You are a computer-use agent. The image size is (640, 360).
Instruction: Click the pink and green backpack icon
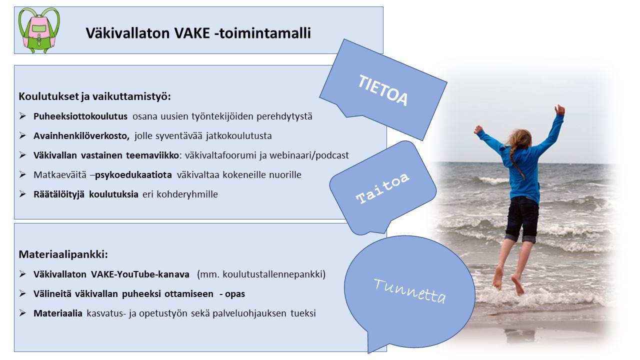[39, 30]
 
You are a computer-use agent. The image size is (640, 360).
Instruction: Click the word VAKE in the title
[192, 33]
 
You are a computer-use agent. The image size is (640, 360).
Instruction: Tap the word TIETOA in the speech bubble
[383, 90]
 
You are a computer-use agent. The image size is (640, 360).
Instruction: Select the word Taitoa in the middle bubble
[382, 188]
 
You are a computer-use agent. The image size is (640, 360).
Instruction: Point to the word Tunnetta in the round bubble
[409, 290]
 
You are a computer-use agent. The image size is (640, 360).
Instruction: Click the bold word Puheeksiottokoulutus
[80, 116]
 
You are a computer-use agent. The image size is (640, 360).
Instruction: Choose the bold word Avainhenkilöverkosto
[81, 135]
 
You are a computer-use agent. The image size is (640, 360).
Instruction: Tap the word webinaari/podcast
[309, 155]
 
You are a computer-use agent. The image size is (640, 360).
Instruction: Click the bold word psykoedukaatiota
[133, 174]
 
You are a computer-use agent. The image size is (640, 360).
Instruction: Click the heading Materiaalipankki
[63, 254]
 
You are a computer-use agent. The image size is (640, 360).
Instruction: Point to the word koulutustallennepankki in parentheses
[273, 274]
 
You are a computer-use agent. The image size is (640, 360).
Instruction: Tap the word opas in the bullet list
[235, 294]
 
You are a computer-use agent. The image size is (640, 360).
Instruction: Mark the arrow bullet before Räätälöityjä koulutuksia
[22, 194]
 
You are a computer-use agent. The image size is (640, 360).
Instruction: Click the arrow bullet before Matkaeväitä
[22, 174]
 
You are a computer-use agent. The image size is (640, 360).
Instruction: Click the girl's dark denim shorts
[522, 219]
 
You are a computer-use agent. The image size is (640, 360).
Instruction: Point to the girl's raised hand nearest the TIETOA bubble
[478, 130]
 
